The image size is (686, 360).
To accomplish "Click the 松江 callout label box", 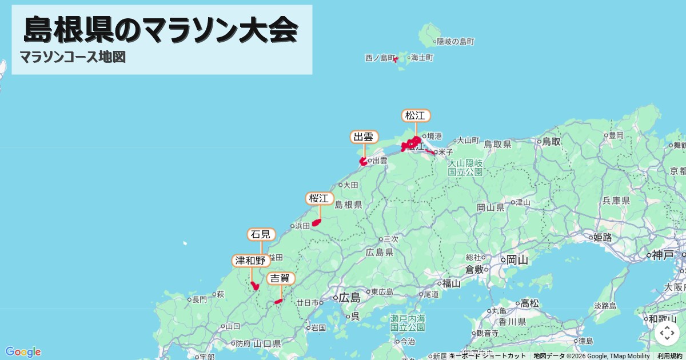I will pyautogui.click(x=416, y=115).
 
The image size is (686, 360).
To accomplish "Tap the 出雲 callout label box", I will pyautogui.click(x=364, y=137).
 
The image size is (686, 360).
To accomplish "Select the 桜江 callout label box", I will pyautogui.click(x=320, y=199).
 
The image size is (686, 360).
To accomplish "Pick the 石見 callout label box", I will pyautogui.click(x=261, y=234).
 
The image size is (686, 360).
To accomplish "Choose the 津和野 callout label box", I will pyautogui.click(x=251, y=261).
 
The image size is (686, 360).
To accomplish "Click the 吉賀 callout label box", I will pyautogui.click(x=281, y=279).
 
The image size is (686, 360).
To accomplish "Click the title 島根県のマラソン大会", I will pyautogui.click(x=161, y=30).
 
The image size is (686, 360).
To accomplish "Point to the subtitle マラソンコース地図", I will pyautogui.click(x=73, y=57).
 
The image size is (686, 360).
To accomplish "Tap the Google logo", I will pyautogui.click(x=23, y=351).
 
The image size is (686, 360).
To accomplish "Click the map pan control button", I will pyautogui.click(x=667, y=333).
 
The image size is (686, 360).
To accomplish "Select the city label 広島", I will pyautogui.click(x=349, y=298).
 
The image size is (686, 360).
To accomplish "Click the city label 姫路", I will pyautogui.click(x=603, y=237).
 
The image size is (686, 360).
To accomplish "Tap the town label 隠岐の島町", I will pyautogui.click(x=455, y=42).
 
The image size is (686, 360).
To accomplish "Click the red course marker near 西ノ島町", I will pyautogui.click(x=395, y=59).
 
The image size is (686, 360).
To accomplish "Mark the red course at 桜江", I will pyautogui.click(x=316, y=222).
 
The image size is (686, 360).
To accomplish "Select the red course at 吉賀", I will pyautogui.click(x=278, y=301).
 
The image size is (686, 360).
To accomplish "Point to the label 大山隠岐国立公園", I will pyautogui.click(x=465, y=167).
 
